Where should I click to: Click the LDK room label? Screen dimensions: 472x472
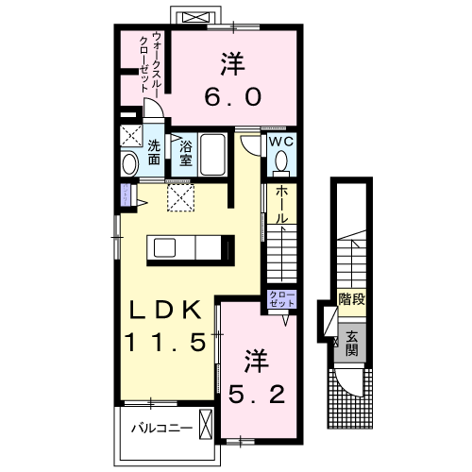pyautogui.click(x=165, y=310)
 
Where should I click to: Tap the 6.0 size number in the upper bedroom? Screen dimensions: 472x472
pyautogui.click(x=233, y=96)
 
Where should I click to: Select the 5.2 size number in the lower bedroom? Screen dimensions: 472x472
pyautogui.click(x=257, y=395)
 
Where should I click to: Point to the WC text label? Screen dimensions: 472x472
pyautogui.click(x=281, y=142)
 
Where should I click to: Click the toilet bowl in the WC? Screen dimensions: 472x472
pyautogui.click(x=281, y=160)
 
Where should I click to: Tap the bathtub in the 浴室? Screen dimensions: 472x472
pyautogui.click(x=213, y=155)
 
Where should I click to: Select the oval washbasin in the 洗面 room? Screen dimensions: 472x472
pyautogui.click(x=129, y=164)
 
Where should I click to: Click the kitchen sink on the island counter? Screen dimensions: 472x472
pyautogui.click(x=164, y=247)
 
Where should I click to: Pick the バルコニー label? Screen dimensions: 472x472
pyautogui.click(x=161, y=428)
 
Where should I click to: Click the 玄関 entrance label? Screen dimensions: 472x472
pyautogui.click(x=352, y=344)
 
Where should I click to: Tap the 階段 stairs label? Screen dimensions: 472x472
pyautogui.click(x=352, y=299)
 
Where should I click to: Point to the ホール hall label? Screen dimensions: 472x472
pyautogui.click(x=281, y=204)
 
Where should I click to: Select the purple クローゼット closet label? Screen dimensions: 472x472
pyautogui.click(x=282, y=299)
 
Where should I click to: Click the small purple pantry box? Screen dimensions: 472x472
pyautogui.click(x=126, y=194)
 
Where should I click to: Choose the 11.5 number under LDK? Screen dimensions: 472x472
pyautogui.click(x=166, y=343)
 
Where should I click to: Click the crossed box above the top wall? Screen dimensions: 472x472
pyautogui.click(x=195, y=17)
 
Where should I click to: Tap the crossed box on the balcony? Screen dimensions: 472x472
pyautogui.click(x=206, y=424)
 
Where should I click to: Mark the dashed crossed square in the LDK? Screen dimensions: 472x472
pyautogui.click(x=180, y=197)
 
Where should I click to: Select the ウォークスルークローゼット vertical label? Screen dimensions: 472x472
pyautogui.click(x=149, y=62)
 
